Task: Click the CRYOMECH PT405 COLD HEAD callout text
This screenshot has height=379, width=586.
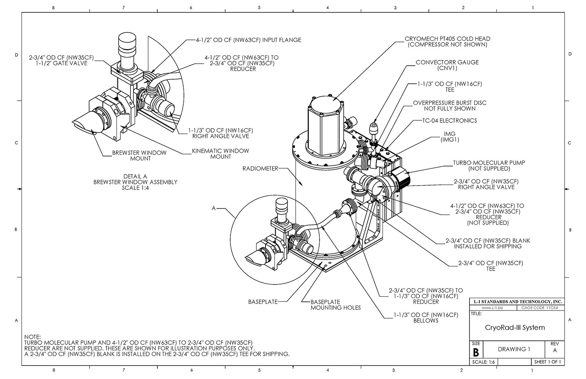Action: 448,41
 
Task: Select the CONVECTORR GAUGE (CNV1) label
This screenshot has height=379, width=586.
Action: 447,65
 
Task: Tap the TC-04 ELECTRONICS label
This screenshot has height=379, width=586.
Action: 450,121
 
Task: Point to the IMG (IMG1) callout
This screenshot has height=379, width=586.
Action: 450,137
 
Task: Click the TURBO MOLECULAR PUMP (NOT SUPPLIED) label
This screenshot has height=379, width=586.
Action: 489,165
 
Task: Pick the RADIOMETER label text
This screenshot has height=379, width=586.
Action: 260,168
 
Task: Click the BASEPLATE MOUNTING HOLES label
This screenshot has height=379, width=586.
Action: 335,305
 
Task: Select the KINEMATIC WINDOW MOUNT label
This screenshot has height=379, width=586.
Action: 220,154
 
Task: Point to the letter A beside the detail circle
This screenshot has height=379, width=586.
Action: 214,209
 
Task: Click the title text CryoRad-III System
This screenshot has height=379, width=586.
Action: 515,327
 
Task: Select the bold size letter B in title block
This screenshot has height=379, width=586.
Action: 476,352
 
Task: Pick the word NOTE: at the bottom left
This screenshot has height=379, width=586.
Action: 33,337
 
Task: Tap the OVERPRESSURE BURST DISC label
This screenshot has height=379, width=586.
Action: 450,106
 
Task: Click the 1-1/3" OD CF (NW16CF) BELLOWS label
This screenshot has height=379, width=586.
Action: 426,317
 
